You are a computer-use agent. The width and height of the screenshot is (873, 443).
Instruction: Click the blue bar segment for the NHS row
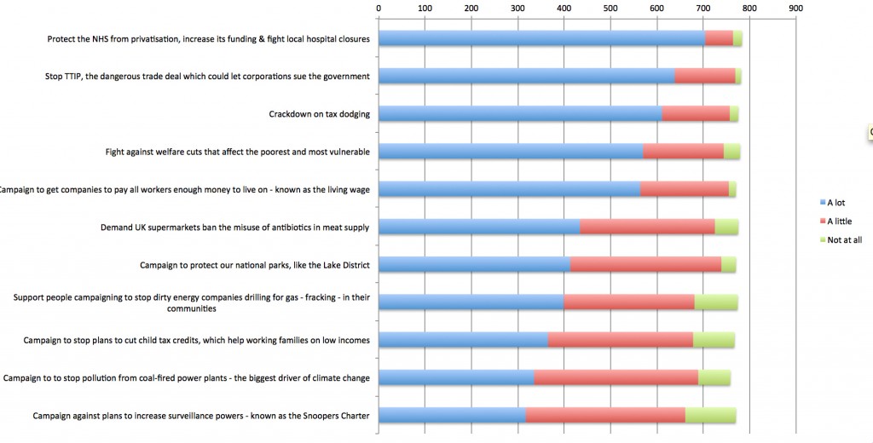click(541, 38)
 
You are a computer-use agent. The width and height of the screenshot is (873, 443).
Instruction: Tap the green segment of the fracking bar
click(715, 302)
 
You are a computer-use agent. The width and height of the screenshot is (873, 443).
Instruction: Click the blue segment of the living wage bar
click(509, 189)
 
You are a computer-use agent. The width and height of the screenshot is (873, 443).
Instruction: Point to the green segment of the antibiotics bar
click(726, 227)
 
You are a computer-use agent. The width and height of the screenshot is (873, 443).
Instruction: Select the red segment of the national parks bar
click(645, 264)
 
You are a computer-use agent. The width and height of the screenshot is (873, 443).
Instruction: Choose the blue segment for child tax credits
click(463, 340)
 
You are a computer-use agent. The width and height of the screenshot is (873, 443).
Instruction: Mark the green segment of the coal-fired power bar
click(714, 377)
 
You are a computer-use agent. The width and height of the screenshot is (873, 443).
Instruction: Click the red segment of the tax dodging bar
click(696, 114)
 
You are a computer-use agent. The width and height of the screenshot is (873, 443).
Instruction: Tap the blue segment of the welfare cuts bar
click(511, 152)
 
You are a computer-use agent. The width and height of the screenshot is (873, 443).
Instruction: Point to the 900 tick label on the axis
click(795, 9)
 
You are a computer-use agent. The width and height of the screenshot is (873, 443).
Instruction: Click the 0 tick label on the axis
click(379, 9)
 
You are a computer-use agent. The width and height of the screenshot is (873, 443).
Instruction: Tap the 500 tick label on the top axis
click(610, 9)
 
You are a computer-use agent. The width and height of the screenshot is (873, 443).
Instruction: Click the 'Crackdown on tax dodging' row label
click(319, 114)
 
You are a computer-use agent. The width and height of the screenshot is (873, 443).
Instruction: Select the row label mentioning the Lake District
click(254, 265)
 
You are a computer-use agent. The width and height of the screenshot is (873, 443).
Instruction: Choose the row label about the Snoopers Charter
click(200, 416)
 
